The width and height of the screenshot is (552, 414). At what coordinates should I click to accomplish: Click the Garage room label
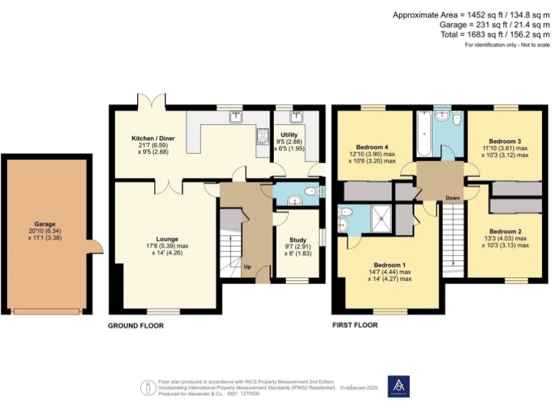45,224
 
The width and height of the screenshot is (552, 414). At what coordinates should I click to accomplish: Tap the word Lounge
167,239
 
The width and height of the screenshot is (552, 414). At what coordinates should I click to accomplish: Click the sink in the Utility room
293,116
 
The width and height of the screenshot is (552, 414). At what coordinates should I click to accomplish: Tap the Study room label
297,240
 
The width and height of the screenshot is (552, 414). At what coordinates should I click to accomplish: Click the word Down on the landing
453,198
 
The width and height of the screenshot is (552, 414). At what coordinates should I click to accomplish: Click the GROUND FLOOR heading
136,326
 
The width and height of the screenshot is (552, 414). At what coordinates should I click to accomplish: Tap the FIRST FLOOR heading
355,326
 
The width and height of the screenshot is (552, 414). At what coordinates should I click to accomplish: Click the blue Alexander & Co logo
398,385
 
